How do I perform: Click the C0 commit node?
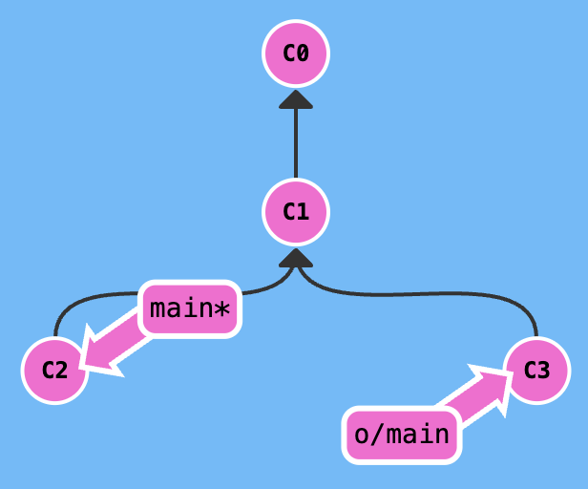[x=296, y=53]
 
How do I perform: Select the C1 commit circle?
[x=296, y=212]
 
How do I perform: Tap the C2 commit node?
[x=54, y=371]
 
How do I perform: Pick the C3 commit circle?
[x=537, y=371]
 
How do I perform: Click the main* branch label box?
[x=190, y=308]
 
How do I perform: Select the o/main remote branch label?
[x=402, y=436]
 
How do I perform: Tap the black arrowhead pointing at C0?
[x=296, y=99]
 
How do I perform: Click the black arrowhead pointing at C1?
[x=296, y=258]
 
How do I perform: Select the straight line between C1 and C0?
[x=296, y=143]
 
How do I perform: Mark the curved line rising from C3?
[x=416, y=294]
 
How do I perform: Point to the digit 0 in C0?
[x=303, y=53]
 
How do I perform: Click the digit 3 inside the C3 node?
[x=543, y=371]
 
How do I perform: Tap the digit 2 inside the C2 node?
[x=61, y=371]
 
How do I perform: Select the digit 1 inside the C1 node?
[x=303, y=212]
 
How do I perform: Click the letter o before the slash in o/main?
[x=363, y=436]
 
